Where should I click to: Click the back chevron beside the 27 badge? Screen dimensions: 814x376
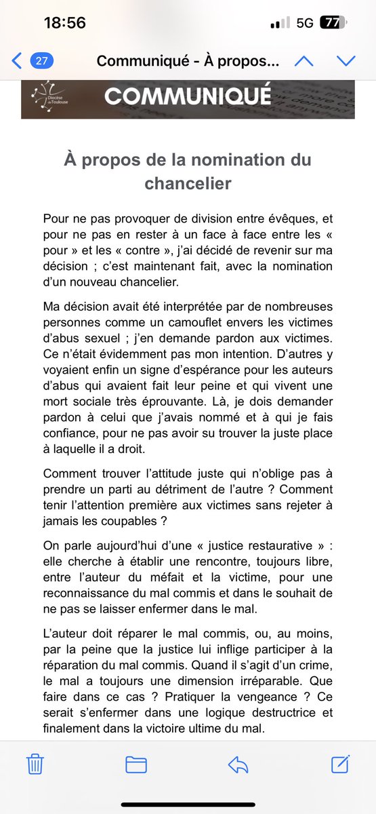pyautogui.click(x=17, y=60)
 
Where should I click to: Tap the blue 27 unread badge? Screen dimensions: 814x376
pyautogui.click(x=42, y=60)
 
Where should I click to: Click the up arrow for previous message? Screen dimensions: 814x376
pyautogui.click(x=304, y=60)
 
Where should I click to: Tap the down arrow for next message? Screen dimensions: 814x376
pyautogui.click(x=346, y=60)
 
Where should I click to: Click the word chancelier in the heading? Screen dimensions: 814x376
pyautogui.click(x=187, y=182)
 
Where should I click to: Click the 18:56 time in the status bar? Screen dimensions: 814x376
pyautogui.click(x=64, y=22)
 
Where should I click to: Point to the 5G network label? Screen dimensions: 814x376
pyautogui.click(x=305, y=22)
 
